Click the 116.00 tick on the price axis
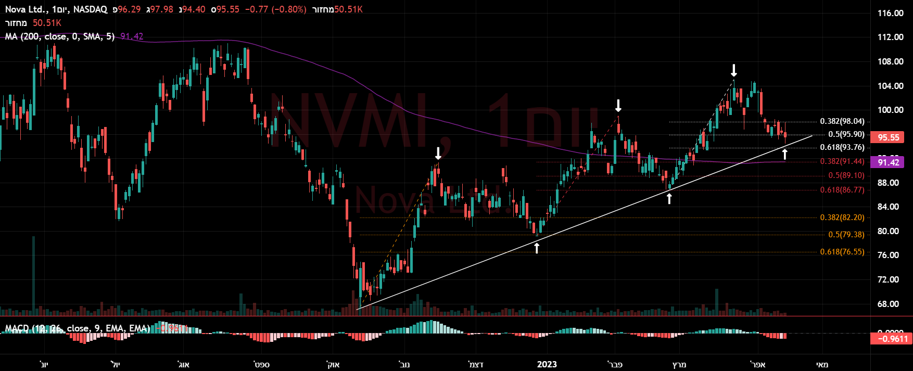(890, 13)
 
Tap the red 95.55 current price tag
(889, 137)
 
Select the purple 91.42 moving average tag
(889, 162)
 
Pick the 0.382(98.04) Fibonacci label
(842, 121)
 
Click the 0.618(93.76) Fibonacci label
(842, 147)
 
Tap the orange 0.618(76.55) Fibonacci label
(842, 252)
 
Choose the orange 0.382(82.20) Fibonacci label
(842, 218)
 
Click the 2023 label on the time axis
(547, 364)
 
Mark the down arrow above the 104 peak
(734, 70)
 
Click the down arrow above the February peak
(618, 106)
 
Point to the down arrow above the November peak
(438, 153)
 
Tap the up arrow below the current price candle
(785, 154)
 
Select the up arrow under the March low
(669, 198)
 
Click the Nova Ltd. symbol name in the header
(24, 9)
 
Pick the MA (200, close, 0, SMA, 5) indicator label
(60, 36)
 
